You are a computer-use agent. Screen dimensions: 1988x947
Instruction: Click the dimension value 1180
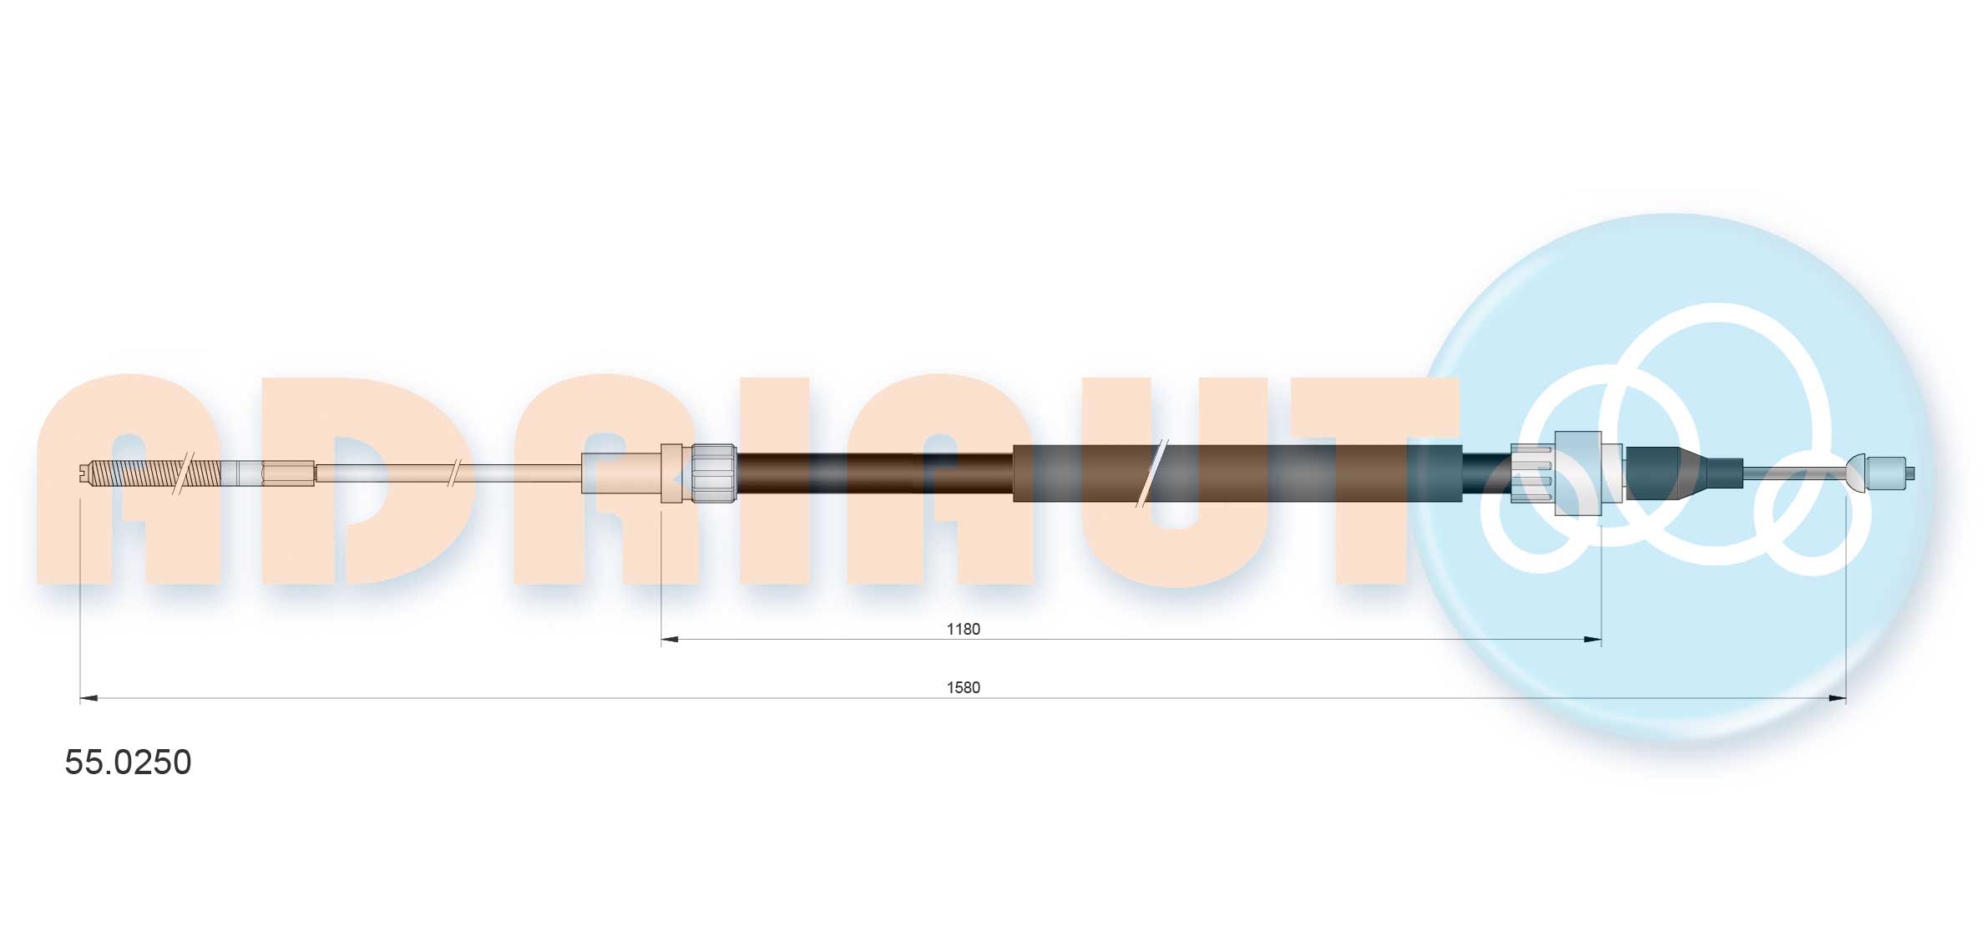(x=963, y=629)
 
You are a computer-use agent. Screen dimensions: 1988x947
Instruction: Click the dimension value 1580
(x=963, y=687)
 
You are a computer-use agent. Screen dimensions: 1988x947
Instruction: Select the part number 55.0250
(x=128, y=762)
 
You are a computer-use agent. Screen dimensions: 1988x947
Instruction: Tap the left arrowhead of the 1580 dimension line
(x=89, y=698)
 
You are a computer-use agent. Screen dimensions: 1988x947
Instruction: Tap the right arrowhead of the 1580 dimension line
(x=1837, y=698)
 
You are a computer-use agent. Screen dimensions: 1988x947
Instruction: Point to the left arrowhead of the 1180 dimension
(x=670, y=640)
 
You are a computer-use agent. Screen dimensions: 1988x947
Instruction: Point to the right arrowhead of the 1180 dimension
(x=1592, y=640)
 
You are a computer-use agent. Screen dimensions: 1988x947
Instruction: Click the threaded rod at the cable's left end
(x=154, y=473)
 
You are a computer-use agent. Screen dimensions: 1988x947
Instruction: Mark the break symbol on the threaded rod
(x=183, y=473)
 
